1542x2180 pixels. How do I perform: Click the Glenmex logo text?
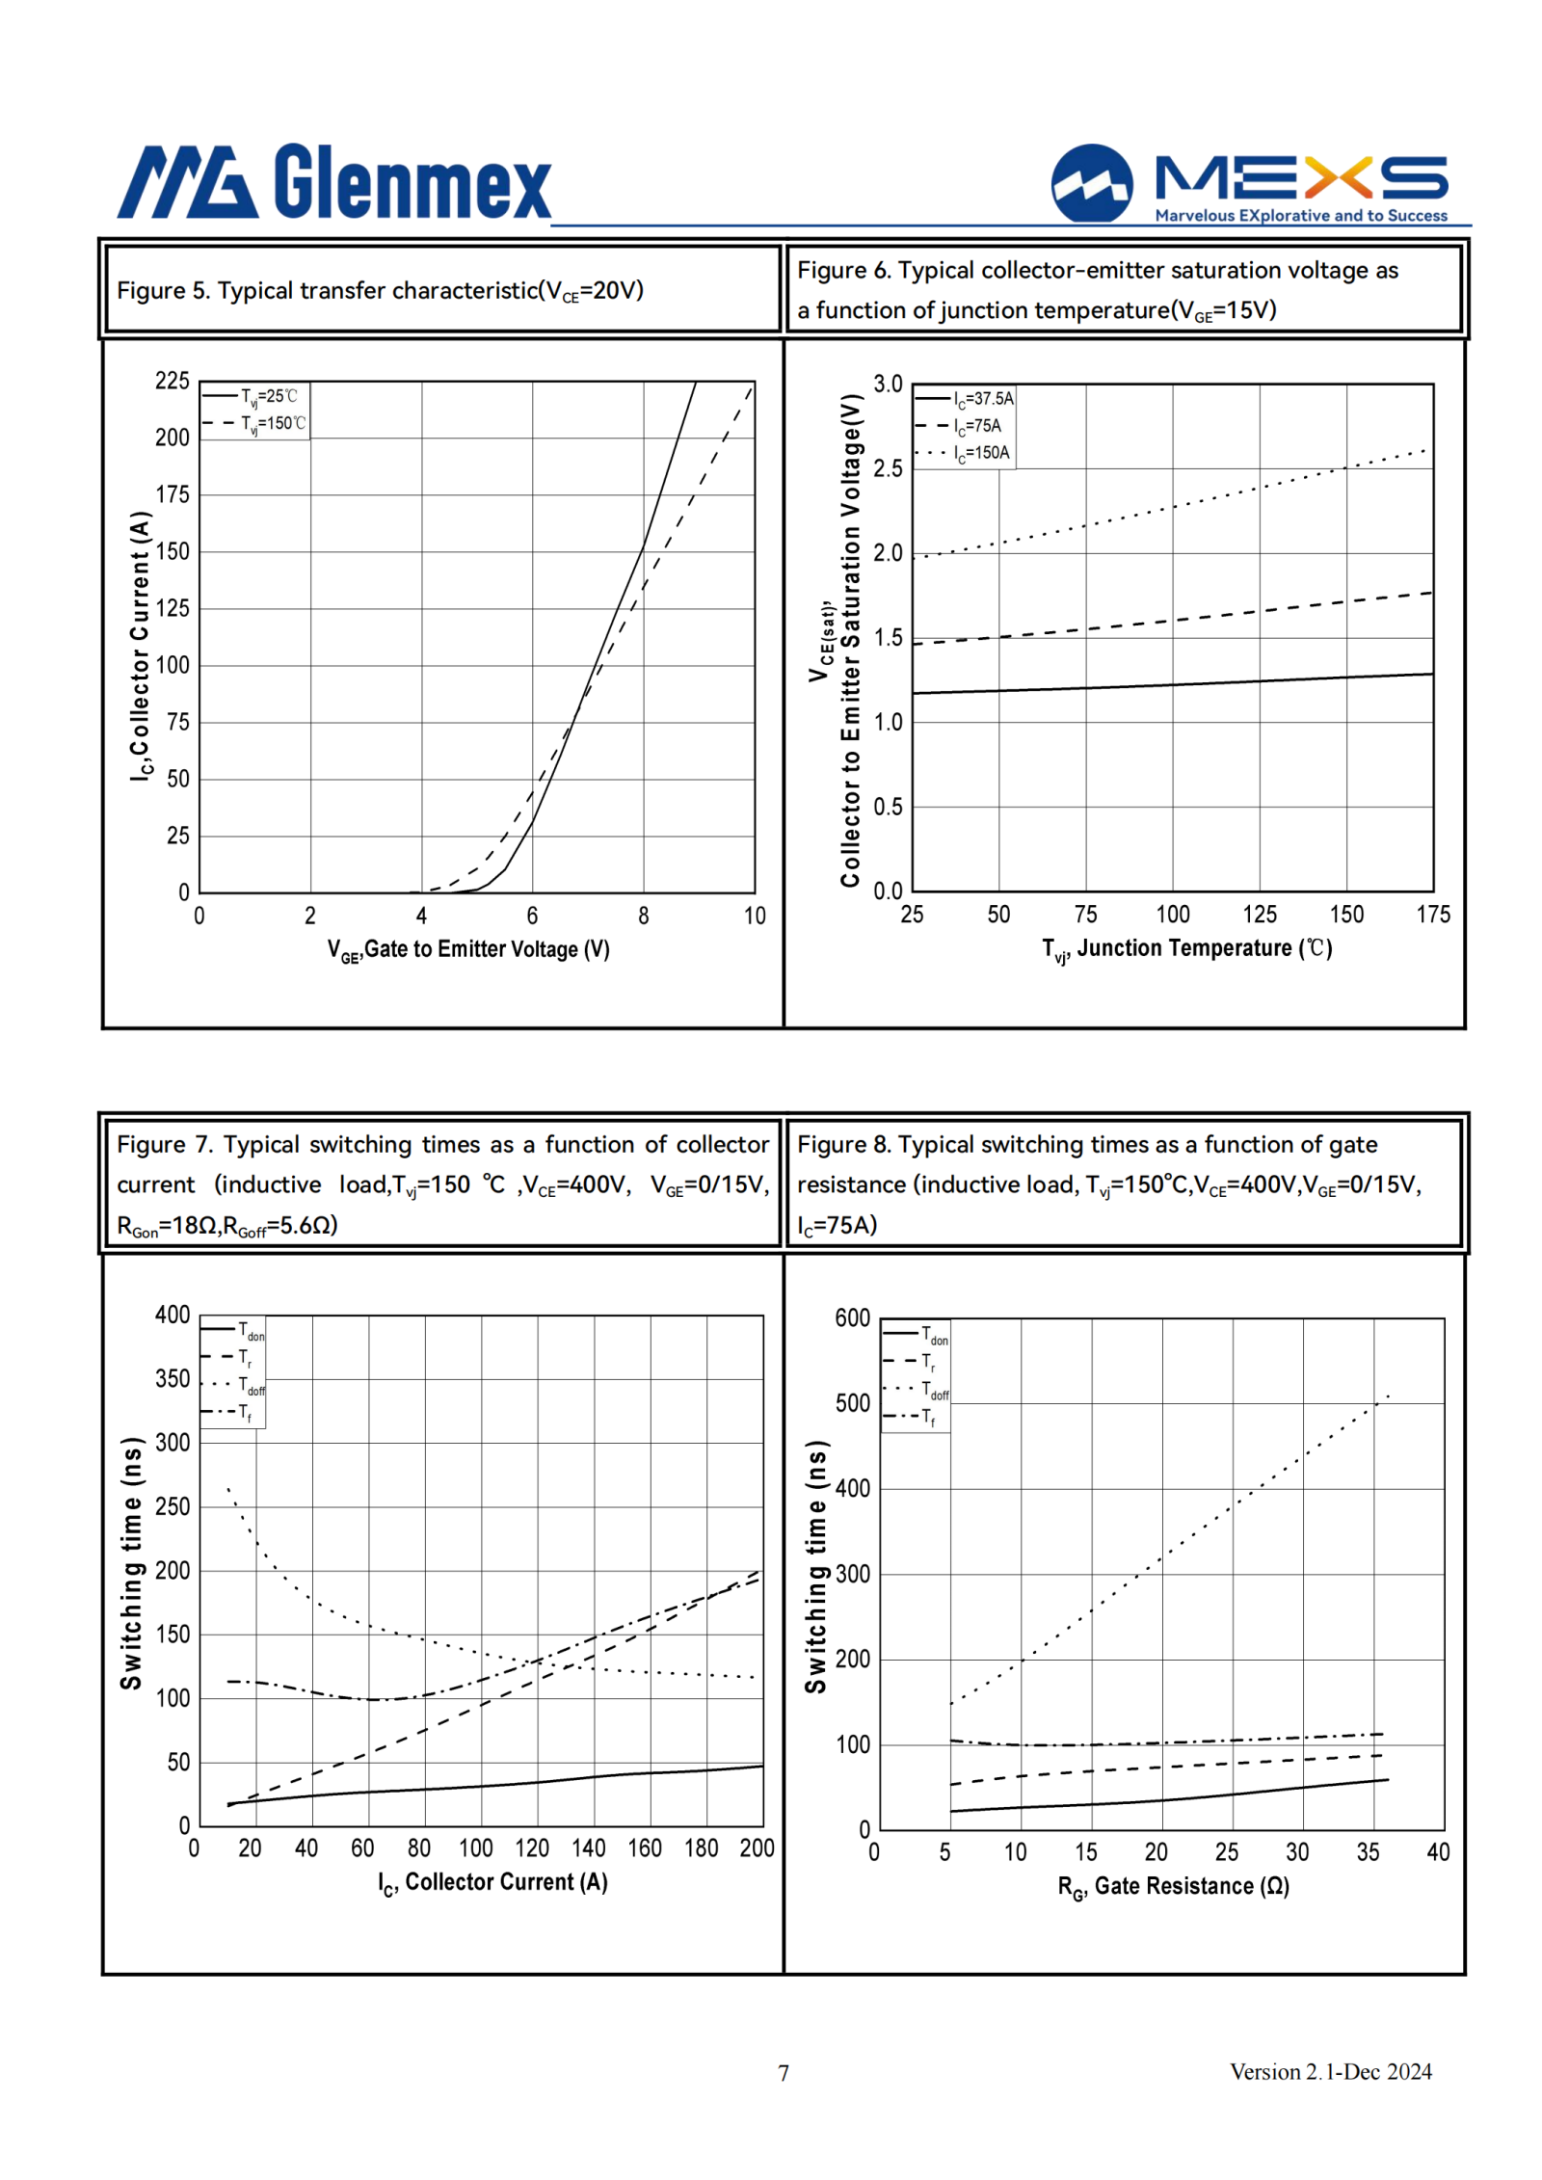(412, 181)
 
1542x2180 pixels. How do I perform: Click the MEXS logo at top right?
(1250, 183)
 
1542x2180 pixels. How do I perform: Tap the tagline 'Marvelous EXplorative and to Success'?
(1301, 216)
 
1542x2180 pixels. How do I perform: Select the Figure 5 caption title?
(380, 290)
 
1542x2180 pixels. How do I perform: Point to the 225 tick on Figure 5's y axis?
(173, 381)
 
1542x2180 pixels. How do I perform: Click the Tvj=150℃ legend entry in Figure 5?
(254, 423)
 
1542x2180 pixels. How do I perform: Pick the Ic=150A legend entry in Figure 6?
(964, 453)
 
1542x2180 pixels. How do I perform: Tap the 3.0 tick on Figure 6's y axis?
(888, 384)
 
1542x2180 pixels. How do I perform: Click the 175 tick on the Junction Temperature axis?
(1433, 915)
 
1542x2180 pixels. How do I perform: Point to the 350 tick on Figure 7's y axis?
(173, 1379)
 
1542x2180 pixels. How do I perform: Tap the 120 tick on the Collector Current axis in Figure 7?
(532, 1848)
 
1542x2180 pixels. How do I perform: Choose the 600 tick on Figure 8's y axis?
(853, 1318)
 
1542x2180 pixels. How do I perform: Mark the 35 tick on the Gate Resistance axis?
(1368, 1852)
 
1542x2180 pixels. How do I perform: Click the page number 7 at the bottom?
(784, 2073)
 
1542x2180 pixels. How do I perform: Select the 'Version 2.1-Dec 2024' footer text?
(1331, 2072)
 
